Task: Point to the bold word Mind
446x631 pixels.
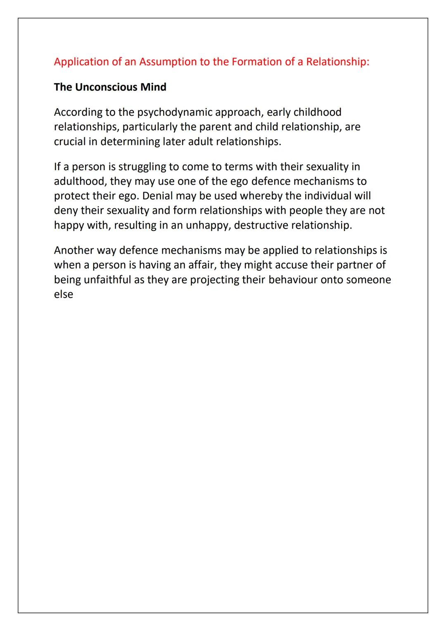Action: (154, 87)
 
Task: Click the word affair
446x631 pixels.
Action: (202, 265)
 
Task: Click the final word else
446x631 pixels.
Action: (63, 294)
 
